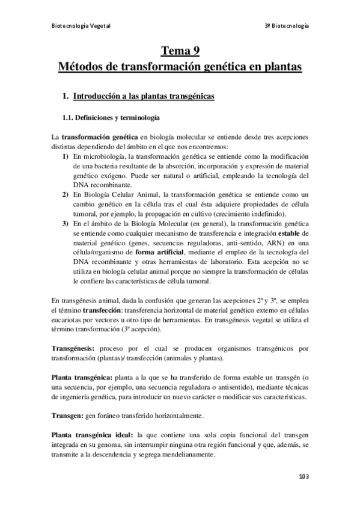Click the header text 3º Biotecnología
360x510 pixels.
[x=287, y=26]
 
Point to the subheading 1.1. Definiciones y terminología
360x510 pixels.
[x=107, y=117]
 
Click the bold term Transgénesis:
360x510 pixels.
[x=73, y=348]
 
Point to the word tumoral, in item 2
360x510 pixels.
[x=88, y=215]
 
